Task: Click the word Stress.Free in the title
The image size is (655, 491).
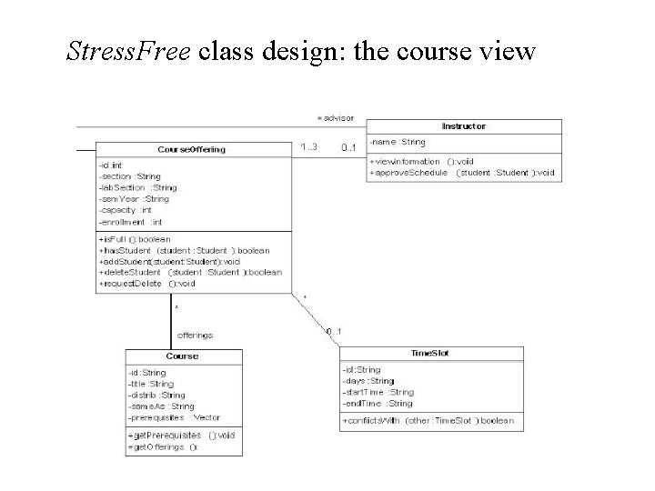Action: point(128,51)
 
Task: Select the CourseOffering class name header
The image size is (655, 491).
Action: point(191,149)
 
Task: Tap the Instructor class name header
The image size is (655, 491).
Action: point(463,126)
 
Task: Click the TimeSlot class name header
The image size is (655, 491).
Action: point(430,353)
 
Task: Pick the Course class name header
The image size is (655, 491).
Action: point(182,356)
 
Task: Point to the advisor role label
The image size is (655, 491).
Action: point(336,117)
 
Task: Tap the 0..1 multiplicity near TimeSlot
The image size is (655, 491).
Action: point(334,331)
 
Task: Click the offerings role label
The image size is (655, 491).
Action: point(195,335)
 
